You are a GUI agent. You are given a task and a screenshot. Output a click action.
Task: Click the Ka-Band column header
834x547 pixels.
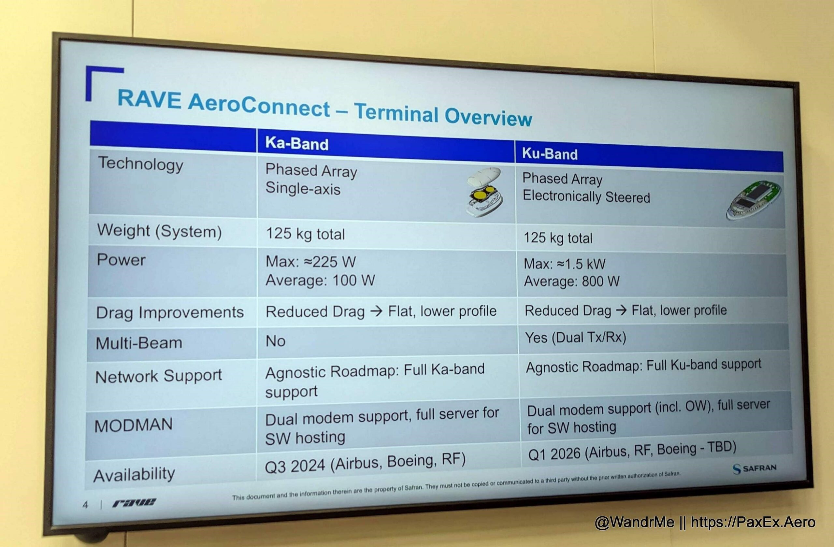tap(296, 143)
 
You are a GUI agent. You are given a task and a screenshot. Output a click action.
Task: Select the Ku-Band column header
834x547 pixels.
tap(550, 154)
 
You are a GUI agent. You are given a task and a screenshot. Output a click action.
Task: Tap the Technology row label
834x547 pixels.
tap(140, 164)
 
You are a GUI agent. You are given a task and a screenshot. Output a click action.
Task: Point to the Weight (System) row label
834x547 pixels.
tap(159, 231)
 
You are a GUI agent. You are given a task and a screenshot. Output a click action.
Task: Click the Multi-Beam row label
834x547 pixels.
tap(139, 343)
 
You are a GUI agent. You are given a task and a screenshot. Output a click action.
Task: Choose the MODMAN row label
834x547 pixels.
tap(134, 425)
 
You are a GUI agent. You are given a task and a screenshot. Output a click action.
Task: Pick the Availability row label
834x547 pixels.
tap(134, 474)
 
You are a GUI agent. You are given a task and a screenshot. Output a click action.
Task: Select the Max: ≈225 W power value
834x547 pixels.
tap(310, 261)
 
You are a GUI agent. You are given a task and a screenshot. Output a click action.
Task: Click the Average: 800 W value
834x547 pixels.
tap(571, 281)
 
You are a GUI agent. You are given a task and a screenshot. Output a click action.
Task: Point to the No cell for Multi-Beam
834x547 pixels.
tap(275, 341)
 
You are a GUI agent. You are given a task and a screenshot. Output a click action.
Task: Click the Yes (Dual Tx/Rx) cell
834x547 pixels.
tap(576, 338)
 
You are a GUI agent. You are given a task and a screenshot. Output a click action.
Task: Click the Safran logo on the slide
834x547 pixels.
tap(755, 468)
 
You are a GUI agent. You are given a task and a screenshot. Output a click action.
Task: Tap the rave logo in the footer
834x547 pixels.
tap(134, 503)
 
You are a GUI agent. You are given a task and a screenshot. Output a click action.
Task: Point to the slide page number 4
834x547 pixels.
tap(85, 505)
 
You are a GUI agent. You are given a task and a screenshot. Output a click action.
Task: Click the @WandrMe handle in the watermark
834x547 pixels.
tap(634, 522)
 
